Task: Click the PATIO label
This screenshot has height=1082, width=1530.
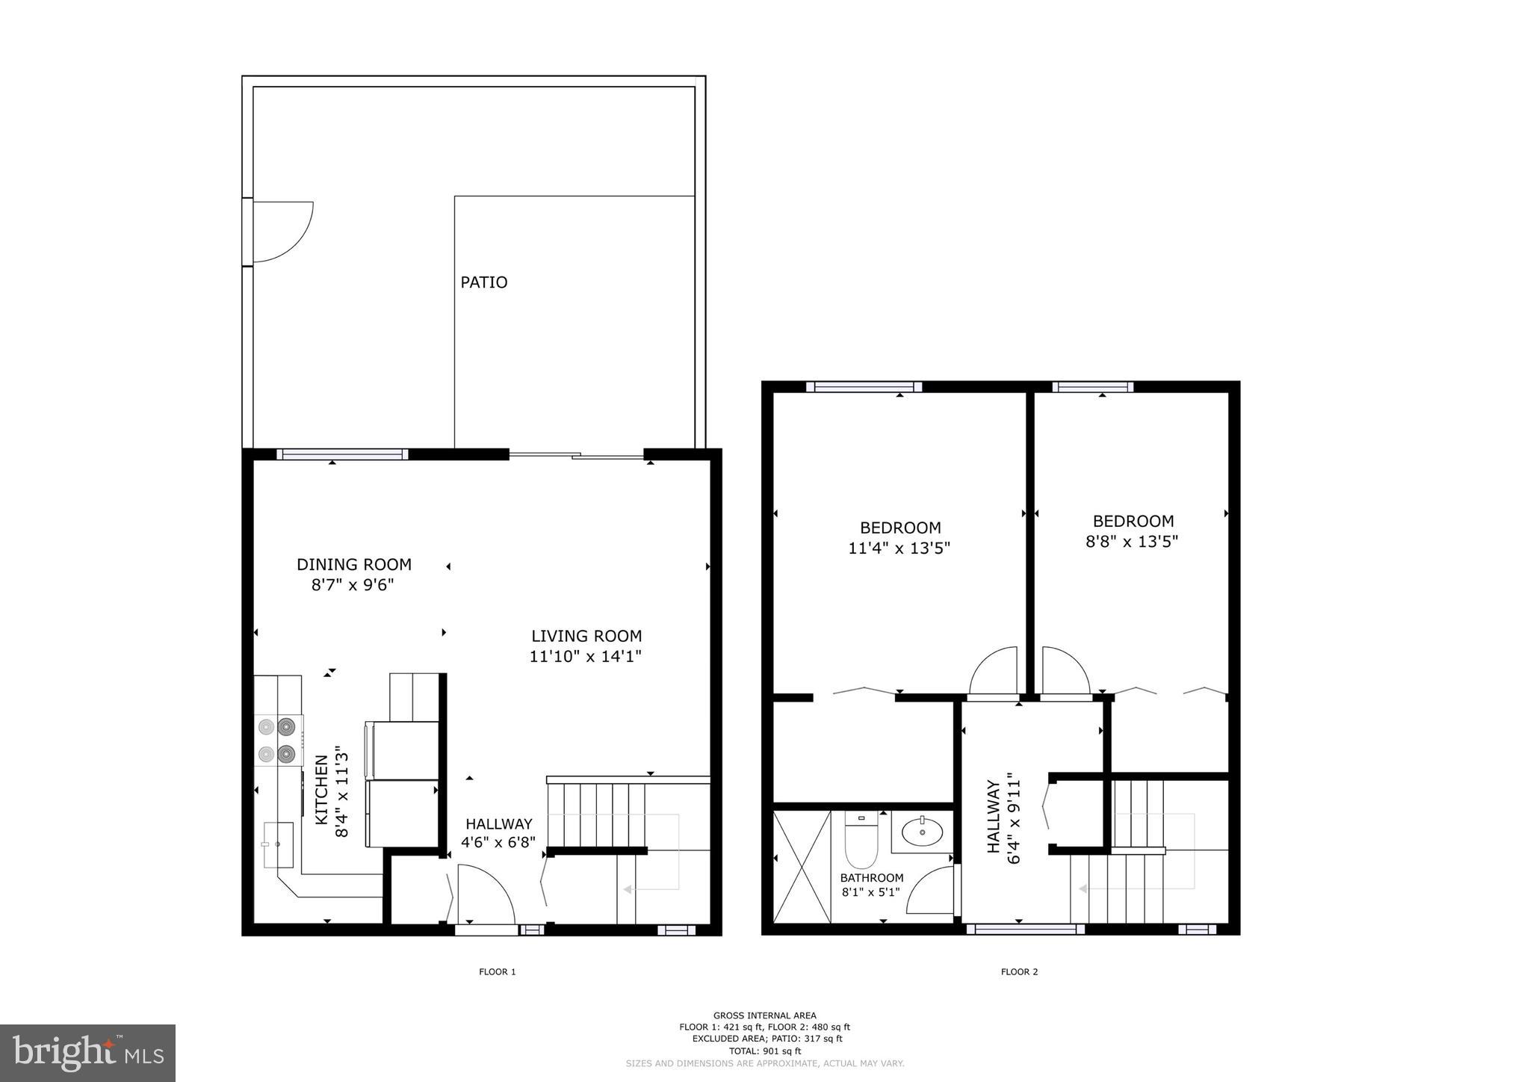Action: (483, 282)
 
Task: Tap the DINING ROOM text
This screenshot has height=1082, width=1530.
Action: (354, 565)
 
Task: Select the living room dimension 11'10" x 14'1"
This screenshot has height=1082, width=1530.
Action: (586, 657)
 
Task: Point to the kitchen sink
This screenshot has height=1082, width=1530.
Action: (279, 844)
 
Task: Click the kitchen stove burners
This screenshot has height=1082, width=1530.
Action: (277, 740)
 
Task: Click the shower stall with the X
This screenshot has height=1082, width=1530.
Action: (802, 867)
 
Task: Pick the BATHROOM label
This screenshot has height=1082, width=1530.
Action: (872, 878)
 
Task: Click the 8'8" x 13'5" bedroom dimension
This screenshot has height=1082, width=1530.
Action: (1132, 542)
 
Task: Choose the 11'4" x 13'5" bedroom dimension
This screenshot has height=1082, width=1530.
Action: (899, 548)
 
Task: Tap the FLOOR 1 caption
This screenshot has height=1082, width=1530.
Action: (498, 972)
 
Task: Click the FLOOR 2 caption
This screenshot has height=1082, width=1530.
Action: (1019, 972)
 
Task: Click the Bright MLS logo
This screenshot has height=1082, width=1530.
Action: (88, 1054)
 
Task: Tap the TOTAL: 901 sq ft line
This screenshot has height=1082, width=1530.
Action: (764, 1051)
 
